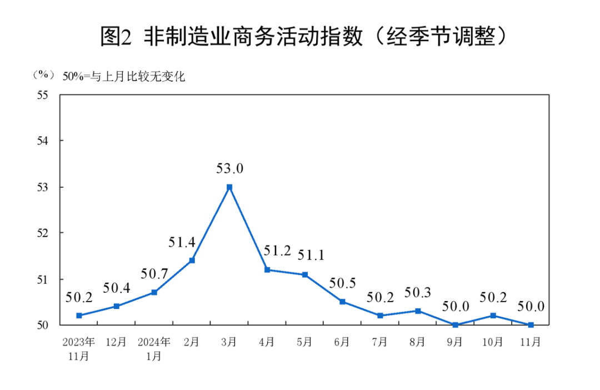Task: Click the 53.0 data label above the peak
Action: point(230,168)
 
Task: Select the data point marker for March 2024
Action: point(229,187)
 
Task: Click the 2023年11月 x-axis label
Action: point(79,349)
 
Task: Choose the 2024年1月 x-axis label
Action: point(154,349)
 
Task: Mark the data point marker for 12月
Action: point(117,306)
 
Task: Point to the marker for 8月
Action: point(418,311)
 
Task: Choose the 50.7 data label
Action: point(154,274)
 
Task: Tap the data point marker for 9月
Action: point(456,325)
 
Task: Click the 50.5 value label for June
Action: point(342,283)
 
